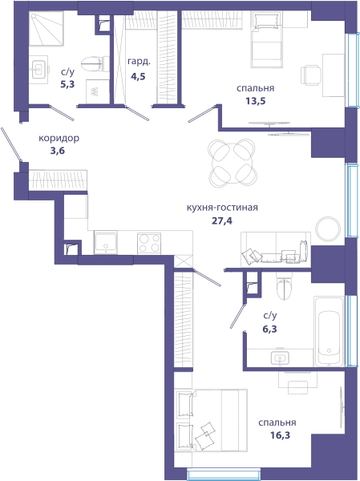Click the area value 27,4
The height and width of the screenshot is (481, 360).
point(222,220)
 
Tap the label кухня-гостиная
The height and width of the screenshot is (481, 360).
point(222,208)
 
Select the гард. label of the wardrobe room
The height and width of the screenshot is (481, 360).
point(139,62)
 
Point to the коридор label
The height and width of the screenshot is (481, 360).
point(59,139)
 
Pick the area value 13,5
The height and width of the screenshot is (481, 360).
point(255,101)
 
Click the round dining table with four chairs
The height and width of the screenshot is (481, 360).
point(233,162)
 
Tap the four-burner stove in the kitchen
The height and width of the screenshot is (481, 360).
point(149,243)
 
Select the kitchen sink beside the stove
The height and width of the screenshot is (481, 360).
point(106,242)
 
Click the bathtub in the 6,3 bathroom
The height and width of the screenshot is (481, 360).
point(329,331)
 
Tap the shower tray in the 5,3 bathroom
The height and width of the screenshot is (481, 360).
point(47,28)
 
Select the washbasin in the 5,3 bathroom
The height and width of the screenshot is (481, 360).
point(38,70)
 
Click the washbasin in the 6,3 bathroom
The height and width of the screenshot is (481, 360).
point(280,357)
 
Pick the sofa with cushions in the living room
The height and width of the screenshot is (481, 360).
point(276,249)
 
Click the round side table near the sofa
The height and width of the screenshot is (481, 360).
point(328,228)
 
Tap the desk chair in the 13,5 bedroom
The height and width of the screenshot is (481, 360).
point(310,75)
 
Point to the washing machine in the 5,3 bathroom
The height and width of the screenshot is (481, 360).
point(98,91)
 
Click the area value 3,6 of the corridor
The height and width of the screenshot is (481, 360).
point(59,151)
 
